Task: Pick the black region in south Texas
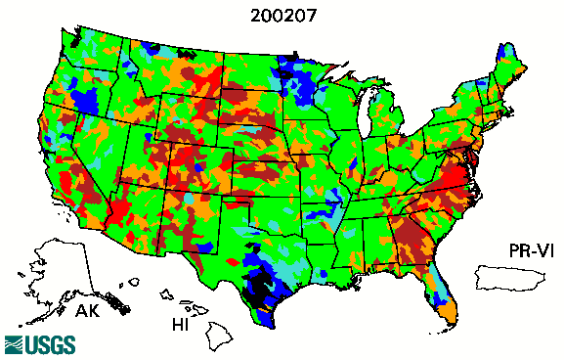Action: click(x=259, y=287)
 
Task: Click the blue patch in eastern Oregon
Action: click(x=87, y=98)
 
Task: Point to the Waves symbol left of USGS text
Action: click(x=14, y=344)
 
